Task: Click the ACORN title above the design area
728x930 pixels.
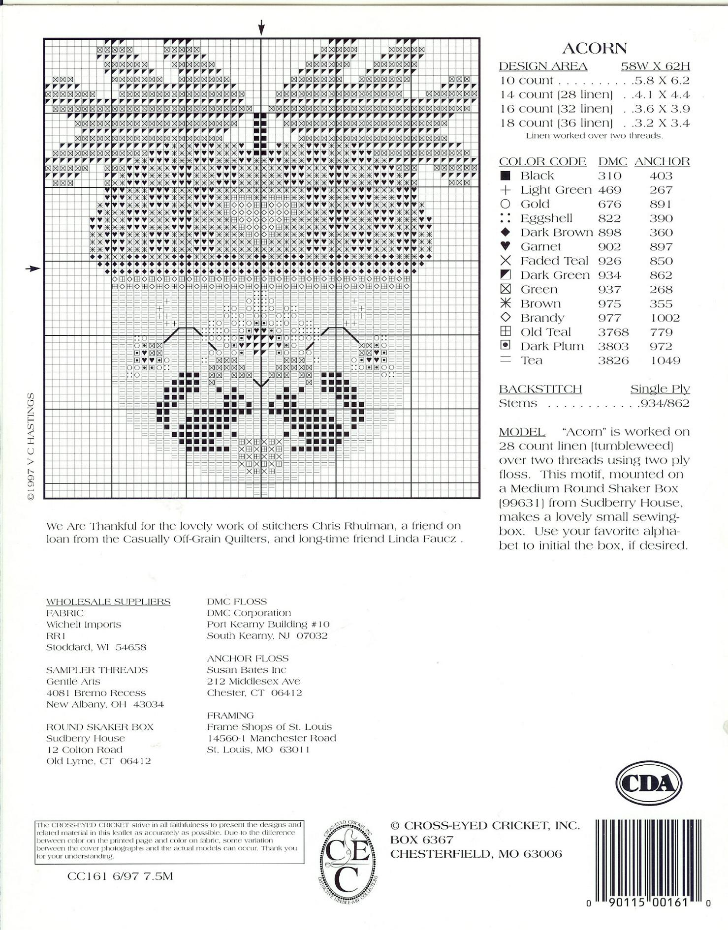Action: pyautogui.click(x=595, y=48)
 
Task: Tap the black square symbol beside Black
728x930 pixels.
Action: pyautogui.click(x=505, y=176)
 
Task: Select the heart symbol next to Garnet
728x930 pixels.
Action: pyautogui.click(x=505, y=246)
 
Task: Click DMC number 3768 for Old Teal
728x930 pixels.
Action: pyautogui.click(x=613, y=332)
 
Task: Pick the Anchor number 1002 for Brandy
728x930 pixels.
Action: pyautogui.click(x=665, y=318)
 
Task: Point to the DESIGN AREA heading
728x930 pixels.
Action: pyautogui.click(x=543, y=66)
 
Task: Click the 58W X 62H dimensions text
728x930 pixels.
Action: pyautogui.click(x=655, y=66)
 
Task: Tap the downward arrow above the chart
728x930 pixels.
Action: pyautogui.click(x=262, y=28)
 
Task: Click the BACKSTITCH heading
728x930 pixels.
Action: pyautogui.click(x=540, y=389)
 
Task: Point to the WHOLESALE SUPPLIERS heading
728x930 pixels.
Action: pyautogui.click(x=108, y=601)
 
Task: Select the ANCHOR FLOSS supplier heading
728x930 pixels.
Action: pyautogui.click(x=248, y=658)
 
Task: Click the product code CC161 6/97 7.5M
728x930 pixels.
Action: pyautogui.click(x=120, y=876)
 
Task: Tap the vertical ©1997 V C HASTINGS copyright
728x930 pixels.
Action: pyautogui.click(x=31, y=447)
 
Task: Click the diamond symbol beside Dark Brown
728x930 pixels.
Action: pyautogui.click(x=505, y=232)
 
